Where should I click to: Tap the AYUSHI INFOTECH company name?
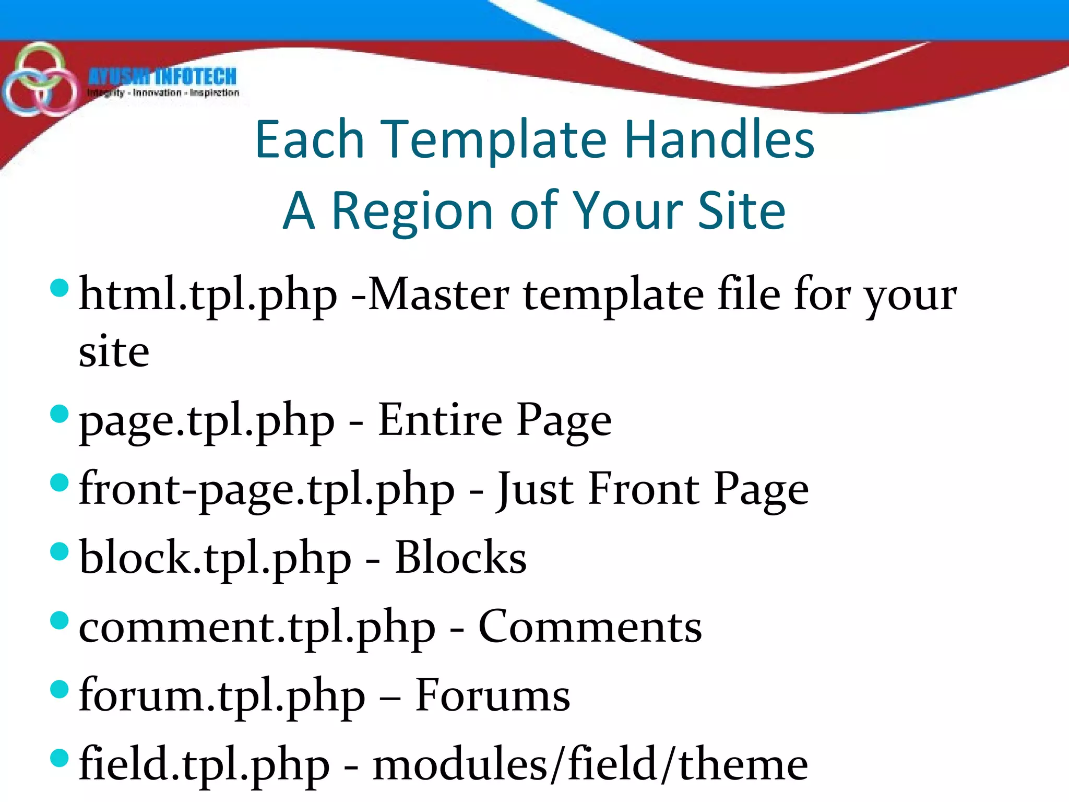162,77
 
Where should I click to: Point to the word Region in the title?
412,210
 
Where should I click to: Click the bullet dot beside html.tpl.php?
60,288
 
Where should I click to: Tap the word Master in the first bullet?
438,294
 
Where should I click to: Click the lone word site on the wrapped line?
114,351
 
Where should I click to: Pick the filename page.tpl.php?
207,421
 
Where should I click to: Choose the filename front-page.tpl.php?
267,490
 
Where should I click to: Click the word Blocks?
460,558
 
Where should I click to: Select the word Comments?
590,627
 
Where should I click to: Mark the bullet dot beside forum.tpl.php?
60,689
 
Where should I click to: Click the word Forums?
492,695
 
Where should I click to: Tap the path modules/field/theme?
590,764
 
